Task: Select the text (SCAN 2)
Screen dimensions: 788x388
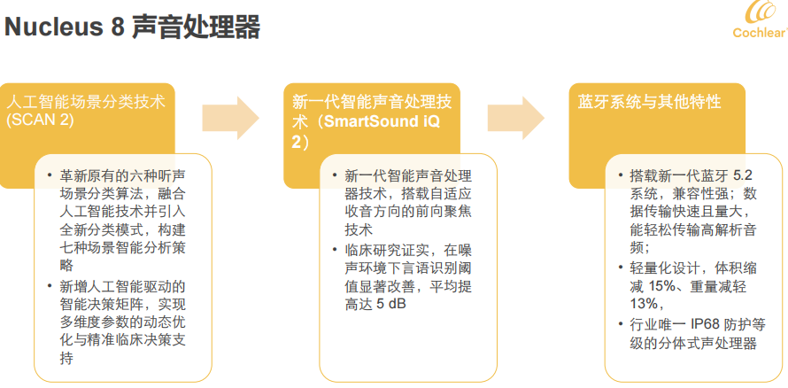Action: [x=40, y=120]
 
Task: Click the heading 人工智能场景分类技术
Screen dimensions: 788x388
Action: [x=85, y=102]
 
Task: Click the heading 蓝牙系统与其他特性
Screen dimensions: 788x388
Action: [x=649, y=102]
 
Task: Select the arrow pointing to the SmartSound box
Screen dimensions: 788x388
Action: [x=231, y=118]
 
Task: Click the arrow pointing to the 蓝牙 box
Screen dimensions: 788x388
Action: [x=516, y=118]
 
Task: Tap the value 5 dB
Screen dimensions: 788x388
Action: [x=391, y=305]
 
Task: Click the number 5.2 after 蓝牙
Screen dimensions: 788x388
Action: [x=743, y=175]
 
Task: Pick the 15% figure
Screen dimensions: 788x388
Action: [x=662, y=288]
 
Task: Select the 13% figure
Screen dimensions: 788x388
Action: [x=644, y=305]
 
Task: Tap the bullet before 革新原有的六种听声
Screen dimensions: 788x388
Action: [x=50, y=175]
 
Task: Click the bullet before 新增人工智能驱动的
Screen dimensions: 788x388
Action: [x=50, y=286]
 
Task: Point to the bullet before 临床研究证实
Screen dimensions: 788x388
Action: [x=335, y=249]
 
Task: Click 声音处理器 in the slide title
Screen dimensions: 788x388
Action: [x=196, y=27]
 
